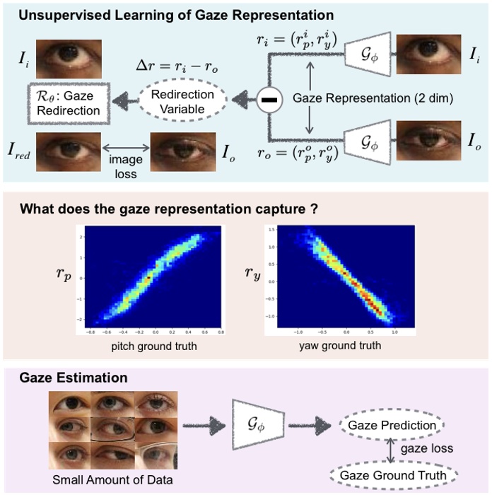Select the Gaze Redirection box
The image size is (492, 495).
65,103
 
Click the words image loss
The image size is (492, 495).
125,167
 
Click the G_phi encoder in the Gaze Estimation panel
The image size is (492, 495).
257,426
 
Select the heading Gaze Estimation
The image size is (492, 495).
74,378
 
